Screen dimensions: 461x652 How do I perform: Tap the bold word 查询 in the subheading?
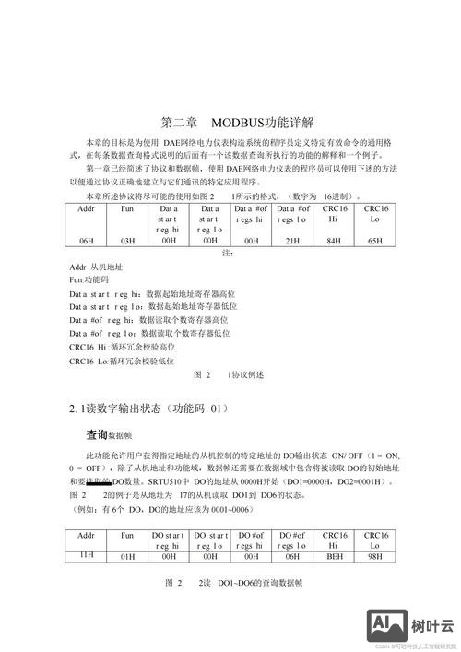[x=97, y=433]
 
